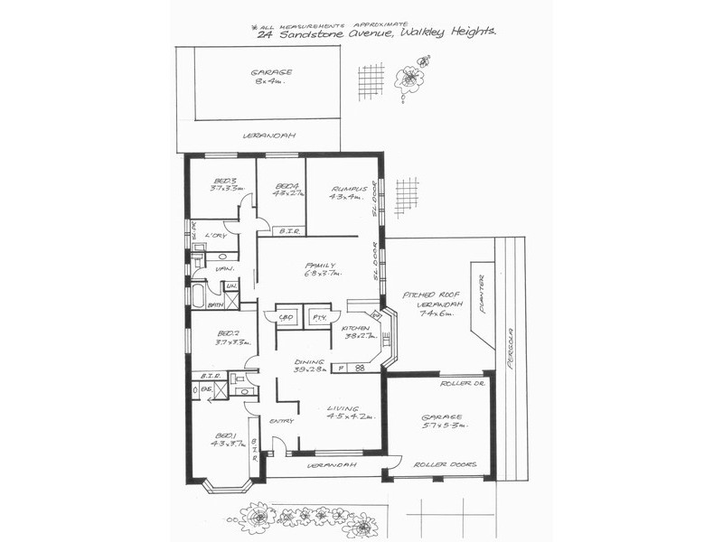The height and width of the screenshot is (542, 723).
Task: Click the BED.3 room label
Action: (x=224, y=180)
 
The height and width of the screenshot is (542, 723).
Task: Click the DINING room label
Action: (x=308, y=361)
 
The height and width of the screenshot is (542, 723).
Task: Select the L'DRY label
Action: (x=215, y=236)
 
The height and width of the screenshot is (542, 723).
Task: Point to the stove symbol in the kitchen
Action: (x=360, y=368)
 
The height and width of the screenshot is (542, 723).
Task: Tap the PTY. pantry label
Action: (x=318, y=318)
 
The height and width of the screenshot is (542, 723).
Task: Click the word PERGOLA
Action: (x=511, y=347)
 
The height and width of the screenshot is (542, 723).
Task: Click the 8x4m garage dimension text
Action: (x=269, y=81)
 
